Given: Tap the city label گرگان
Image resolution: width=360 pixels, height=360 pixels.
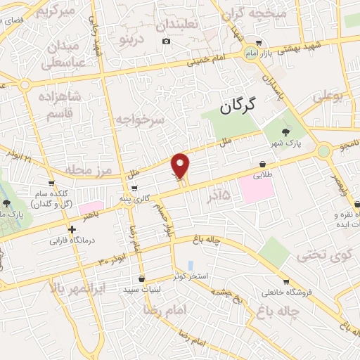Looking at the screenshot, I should tap(235, 106).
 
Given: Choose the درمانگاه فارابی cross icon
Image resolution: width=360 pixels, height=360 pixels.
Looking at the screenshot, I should tap(72, 229).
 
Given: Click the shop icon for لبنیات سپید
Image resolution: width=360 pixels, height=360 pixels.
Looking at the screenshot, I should tap(142, 278).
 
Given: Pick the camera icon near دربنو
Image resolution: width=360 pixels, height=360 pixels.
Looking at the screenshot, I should tap(167, 41).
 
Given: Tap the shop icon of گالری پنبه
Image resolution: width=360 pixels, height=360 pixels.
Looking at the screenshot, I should tap(134, 188).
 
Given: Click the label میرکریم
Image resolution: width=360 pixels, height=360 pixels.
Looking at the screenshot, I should tap(56, 12).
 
